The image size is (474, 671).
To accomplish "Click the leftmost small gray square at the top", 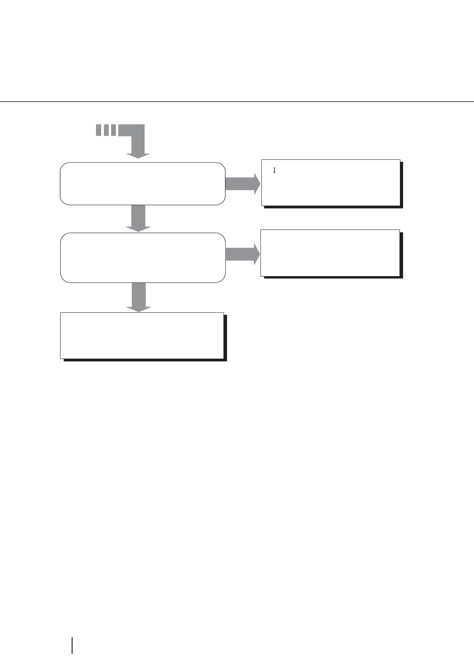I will pyautogui.click(x=98, y=130).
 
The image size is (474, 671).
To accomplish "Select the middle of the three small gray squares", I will pyautogui.click(x=106, y=130).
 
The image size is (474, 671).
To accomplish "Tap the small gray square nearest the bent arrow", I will pyautogui.click(x=114, y=130).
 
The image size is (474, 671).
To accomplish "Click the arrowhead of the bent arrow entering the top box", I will pyautogui.click(x=138, y=155).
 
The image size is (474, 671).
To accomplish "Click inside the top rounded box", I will pyautogui.click(x=142, y=184).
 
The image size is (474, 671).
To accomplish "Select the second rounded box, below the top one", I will pyautogui.click(x=142, y=258).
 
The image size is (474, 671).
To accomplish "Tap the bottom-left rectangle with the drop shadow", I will pyautogui.click(x=141, y=335).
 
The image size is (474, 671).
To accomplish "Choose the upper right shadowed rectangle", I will pyautogui.click(x=330, y=182).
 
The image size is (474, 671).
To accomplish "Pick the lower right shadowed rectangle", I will pyautogui.click(x=330, y=253).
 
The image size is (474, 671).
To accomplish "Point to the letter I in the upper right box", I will pyautogui.click(x=274, y=171).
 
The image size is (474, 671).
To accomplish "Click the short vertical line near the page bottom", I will pyautogui.click(x=72, y=645).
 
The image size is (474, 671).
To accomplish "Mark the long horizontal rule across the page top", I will pyautogui.click(x=237, y=102).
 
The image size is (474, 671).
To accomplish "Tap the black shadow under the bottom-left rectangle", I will pyautogui.click(x=145, y=360).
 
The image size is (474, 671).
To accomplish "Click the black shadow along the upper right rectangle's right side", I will pyautogui.click(x=402, y=184).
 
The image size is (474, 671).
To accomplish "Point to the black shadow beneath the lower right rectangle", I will pyautogui.click(x=333, y=277).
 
